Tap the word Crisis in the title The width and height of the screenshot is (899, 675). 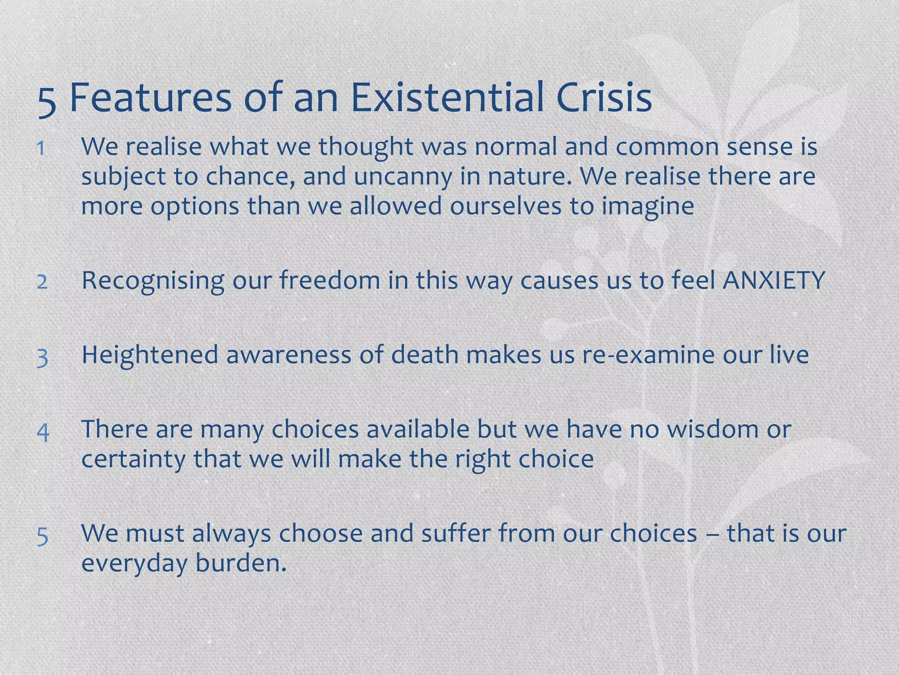click(604, 98)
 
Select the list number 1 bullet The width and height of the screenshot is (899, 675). click(41, 149)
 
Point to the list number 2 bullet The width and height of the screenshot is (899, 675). click(42, 282)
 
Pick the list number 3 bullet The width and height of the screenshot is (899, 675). click(42, 356)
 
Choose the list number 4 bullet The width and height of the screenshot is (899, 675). click(43, 431)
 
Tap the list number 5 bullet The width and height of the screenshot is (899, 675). click(42, 536)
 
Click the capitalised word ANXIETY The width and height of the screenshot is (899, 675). click(774, 280)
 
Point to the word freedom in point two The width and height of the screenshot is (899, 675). click(330, 280)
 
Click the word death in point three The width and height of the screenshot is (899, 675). click(424, 355)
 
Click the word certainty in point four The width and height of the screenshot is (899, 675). click(133, 459)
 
